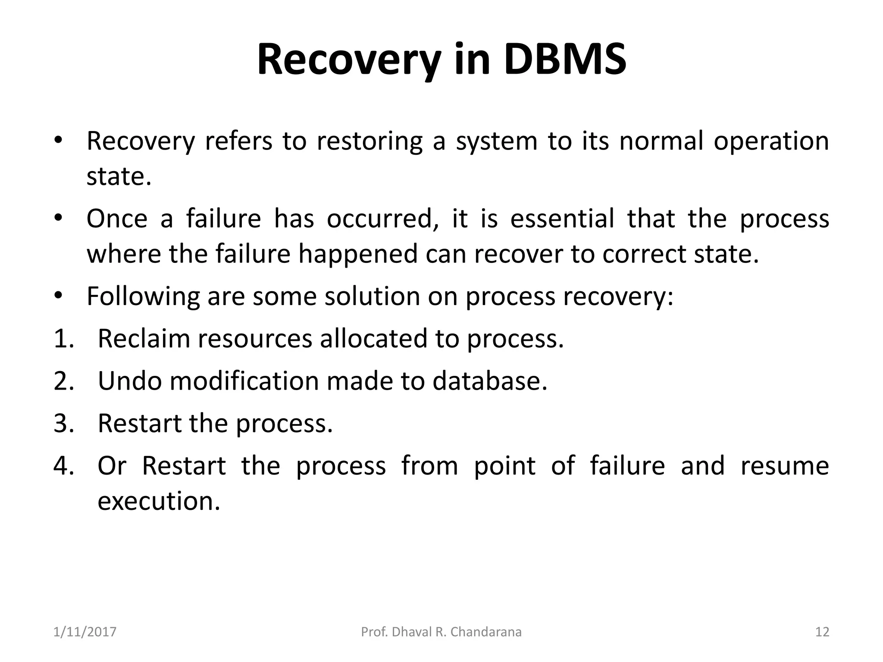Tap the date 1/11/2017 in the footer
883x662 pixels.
pyautogui.click(x=85, y=632)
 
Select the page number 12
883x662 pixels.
pyautogui.click(x=822, y=632)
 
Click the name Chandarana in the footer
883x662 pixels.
pyautogui.click(x=486, y=632)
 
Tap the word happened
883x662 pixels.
pyautogui.click(x=358, y=254)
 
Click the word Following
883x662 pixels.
pyautogui.click(x=143, y=297)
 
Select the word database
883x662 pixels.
pyautogui.click(x=489, y=381)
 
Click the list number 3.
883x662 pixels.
pyautogui.click(x=64, y=423)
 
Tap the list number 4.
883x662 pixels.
pyautogui.click(x=64, y=466)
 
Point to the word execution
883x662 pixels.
pyautogui.click(x=159, y=501)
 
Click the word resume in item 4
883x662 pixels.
pyautogui.click(x=785, y=466)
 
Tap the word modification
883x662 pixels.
pyautogui.click(x=244, y=381)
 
